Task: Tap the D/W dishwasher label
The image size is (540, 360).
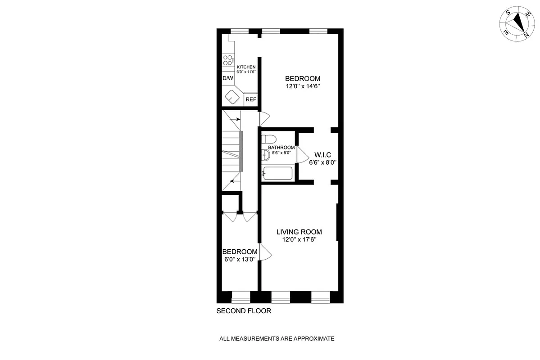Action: pos(228,78)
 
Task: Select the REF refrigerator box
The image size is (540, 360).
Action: pos(250,99)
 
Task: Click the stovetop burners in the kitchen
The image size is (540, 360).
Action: pos(228,59)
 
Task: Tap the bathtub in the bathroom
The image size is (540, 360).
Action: pos(277,173)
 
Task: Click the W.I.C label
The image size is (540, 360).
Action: pos(322,154)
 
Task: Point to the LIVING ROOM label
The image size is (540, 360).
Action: pos(299,232)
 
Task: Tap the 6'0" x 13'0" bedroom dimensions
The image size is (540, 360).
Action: pos(240,259)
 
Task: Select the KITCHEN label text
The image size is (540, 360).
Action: pos(246,67)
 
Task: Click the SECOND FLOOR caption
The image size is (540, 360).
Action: pos(244,311)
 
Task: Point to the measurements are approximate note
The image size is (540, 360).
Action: pos(277,338)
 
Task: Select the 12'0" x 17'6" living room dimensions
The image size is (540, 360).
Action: pos(299,240)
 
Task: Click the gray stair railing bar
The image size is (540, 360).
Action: pos(241,151)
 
